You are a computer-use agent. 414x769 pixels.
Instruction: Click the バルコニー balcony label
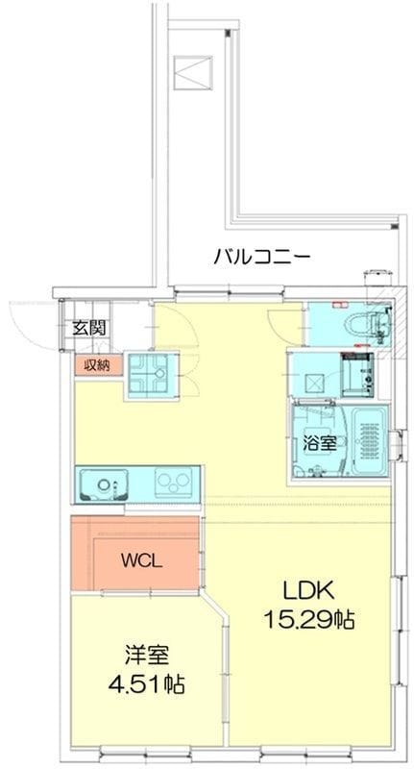pyautogui.click(x=261, y=256)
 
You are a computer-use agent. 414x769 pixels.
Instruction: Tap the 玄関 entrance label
pyautogui.click(x=89, y=328)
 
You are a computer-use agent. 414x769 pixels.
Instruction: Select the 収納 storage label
pyautogui.click(x=95, y=365)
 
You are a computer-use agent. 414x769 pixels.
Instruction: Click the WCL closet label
pyautogui.click(x=142, y=561)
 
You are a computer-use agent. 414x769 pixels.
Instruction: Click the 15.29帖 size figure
pyautogui.click(x=309, y=620)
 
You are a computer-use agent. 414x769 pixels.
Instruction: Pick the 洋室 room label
pyautogui.click(x=147, y=655)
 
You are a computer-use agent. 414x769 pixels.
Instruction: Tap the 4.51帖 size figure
pyautogui.click(x=147, y=683)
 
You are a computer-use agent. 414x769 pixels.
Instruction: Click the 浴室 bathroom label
pyautogui.click(x=320, y=444)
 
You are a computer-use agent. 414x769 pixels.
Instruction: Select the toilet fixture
pyautogui.click(x=368, y=323)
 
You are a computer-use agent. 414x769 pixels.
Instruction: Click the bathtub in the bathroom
pyautogui.click(x=370, y=439)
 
